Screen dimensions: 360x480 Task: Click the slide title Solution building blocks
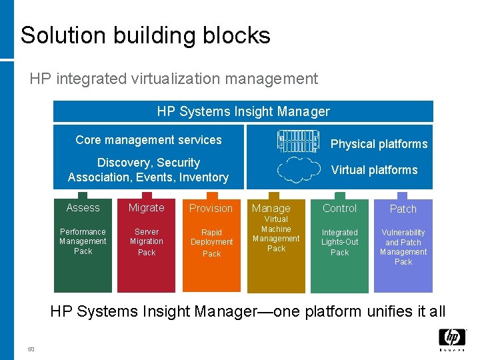click(145, 35)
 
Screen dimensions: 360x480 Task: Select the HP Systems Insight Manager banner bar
click(243, 111)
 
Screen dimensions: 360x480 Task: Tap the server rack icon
click(299, 141)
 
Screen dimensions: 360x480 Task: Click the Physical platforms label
click(379, 144)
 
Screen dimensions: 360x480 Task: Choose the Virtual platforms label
click(374, 170)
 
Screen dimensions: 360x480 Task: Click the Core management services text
click(149, 140)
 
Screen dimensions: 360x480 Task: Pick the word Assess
click(83, 208)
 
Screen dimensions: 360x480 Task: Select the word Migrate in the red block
click(146, 208)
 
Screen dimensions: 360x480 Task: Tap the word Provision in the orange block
click(211, 209)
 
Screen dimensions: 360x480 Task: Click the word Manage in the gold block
click(271, 209)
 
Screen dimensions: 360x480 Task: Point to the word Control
click(339, 208)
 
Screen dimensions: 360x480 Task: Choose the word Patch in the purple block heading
click(403, 209)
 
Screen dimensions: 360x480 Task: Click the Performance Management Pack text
click(83, 241)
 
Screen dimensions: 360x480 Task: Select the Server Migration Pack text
click(146, 242)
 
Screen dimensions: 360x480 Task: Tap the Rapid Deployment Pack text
click(211, 243)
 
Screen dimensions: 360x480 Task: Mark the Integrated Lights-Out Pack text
click(339, 243)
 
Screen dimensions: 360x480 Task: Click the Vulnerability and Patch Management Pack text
click(403, 247)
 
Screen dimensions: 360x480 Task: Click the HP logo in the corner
click(451, 339)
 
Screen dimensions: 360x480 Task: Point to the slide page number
click(31, 349)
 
